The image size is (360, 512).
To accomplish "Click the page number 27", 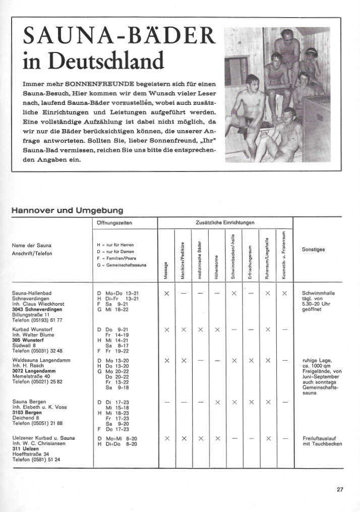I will coord(339,488).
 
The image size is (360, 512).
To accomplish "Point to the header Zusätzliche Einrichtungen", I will coord(225,222).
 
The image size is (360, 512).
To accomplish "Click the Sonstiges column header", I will coord(313,249).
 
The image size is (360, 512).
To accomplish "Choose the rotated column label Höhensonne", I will coord(216,267).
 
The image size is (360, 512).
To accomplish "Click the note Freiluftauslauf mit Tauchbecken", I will coord(322,441).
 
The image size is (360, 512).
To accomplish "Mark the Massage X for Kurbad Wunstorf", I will coord(166,329).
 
